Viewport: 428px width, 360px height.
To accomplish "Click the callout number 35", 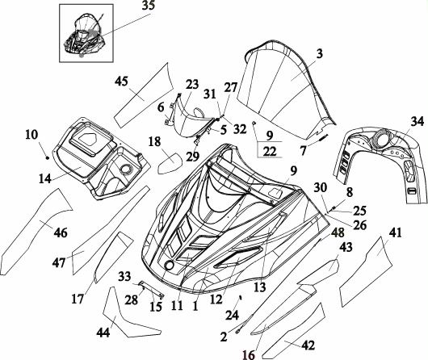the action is click(x=149, y=6).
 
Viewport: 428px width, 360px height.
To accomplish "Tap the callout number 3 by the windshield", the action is click(x=320, y=53).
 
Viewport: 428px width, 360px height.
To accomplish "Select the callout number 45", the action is click(x=121, y=81).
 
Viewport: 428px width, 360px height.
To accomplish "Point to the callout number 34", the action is click(x=418, y=121).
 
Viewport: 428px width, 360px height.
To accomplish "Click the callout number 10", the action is click(x=32, y=134).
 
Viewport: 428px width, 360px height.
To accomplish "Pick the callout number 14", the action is click(x=45, y=178).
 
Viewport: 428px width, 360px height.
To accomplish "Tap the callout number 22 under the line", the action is click(x=270, y=152).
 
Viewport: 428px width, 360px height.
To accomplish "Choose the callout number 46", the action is click(x=61, y=232).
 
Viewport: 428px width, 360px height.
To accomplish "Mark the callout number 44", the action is click(x=103, y=333).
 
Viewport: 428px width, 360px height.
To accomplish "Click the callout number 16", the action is click(x=249, y=355).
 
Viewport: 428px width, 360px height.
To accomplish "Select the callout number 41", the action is click(x=396, y=232).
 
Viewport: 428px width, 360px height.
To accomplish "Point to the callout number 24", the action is click(x=232, y=316).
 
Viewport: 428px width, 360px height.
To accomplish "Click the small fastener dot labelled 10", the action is click(x=48, y=157).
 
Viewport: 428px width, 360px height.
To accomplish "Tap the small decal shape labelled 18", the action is click(x=170, y=163).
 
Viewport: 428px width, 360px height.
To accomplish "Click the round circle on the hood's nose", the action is click(x=170, y=265).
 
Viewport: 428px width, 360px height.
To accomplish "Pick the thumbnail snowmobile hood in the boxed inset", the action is click(x=85, y=37).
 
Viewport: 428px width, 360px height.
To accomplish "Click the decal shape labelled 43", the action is click(x=318, y=273).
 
